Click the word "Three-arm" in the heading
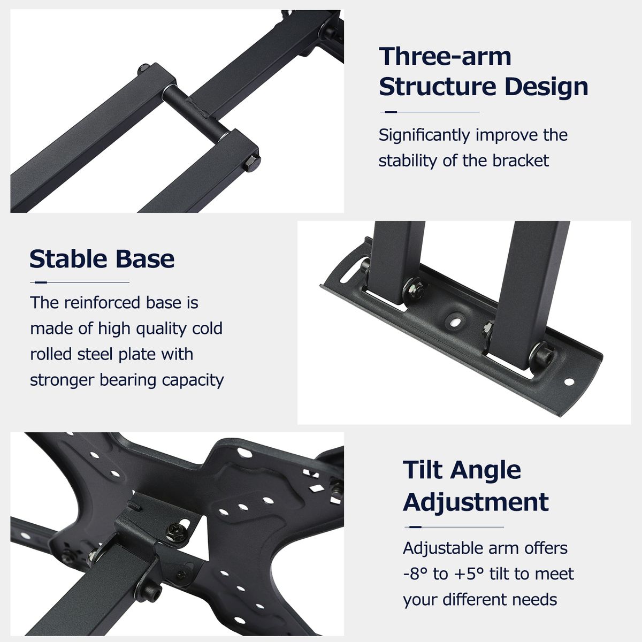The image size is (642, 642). pyautogui.click(x=445, y=56)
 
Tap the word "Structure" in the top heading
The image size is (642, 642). pyautogui.click(x=438, y=87)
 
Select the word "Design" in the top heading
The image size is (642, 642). pyautogui.click(x=546, y=87)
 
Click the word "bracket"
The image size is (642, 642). pyautogui.click(x=521, y=161)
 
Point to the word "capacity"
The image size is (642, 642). pyautogui.click(x=193, y=380)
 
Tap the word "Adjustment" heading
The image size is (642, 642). pyautogui.click(x=476, y=502)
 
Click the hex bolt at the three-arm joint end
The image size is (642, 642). pyautogui.click(x=251, y=163)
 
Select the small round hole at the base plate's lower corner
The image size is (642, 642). pyautogui.click(x=569, y=381)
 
